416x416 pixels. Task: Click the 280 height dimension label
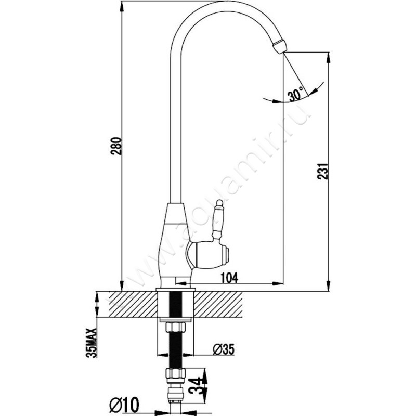click(116, 146)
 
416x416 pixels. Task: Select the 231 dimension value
click(323, 172)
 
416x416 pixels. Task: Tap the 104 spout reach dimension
click(229, 278)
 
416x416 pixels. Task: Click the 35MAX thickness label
click(92, 343)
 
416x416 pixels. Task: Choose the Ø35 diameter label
click(224, 349)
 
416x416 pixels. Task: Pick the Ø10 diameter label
click(124, 405)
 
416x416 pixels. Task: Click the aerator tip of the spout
click(280, 46)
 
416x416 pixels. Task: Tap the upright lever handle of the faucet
click(218, 219)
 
